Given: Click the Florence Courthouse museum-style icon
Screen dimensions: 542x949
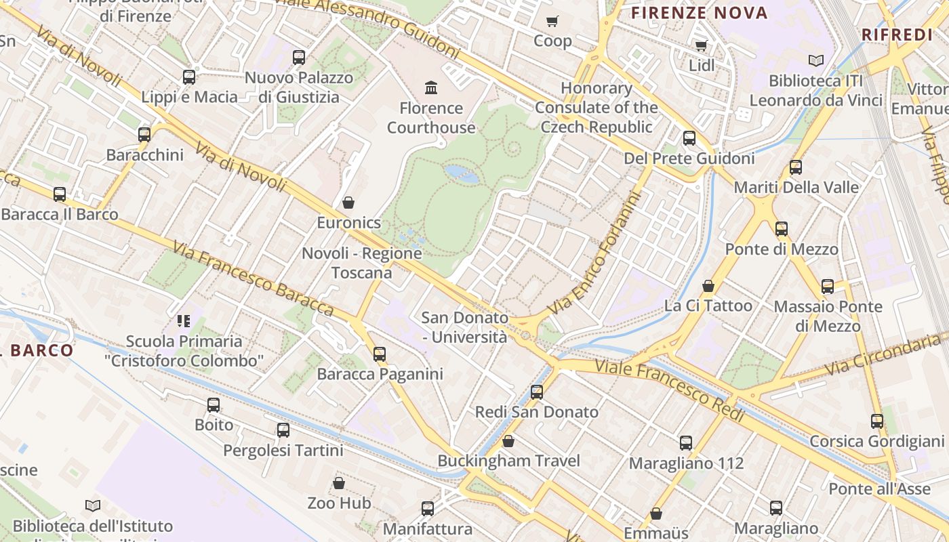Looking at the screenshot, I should pos(431,87).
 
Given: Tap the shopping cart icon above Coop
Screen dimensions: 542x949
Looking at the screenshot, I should pos(552,21).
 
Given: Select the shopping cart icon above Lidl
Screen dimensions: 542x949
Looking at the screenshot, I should pos(701,45).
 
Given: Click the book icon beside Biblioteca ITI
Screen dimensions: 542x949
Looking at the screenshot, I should pos(816,61).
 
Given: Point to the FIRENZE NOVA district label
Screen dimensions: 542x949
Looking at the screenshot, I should pos(699,13).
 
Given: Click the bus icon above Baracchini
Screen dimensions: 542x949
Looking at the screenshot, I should pos(144,134).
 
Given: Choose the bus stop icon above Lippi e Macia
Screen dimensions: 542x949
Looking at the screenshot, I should pos(189,77).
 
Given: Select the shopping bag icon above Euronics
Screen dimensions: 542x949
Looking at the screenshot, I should pos(348,202).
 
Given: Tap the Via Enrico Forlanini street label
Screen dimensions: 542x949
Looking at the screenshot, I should pos(596,255).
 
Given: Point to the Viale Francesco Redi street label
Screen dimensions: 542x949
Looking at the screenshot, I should pos(669,391).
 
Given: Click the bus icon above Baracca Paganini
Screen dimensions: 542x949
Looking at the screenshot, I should pos(380,354).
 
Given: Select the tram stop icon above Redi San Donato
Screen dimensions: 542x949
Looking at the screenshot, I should pos(537,392).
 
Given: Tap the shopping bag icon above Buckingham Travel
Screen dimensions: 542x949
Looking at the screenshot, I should pos(508,441).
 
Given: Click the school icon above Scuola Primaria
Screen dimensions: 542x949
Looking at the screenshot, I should pos(184,320).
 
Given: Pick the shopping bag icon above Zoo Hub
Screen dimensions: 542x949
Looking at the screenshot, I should pos(339,483).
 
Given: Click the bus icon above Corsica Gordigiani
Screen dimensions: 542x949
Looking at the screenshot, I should pos(877,421).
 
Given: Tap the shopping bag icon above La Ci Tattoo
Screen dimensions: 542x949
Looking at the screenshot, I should pos(708,286).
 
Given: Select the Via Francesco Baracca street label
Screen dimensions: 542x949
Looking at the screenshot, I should pos(253,278).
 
